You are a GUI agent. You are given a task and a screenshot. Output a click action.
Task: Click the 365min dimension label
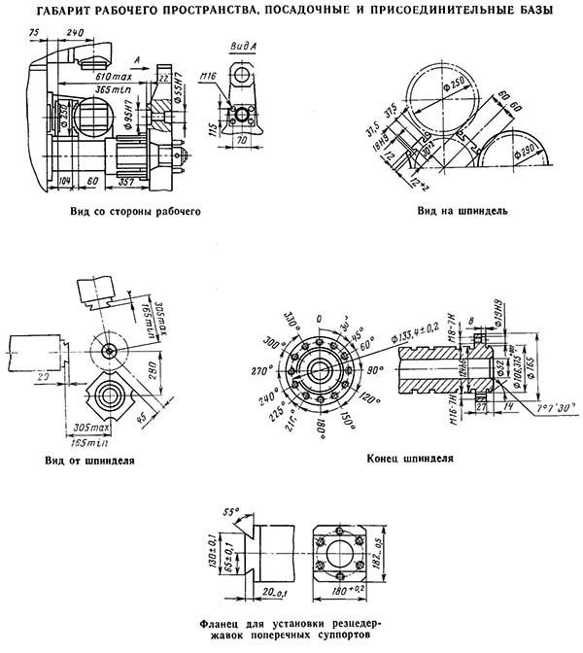(x=101, y=89)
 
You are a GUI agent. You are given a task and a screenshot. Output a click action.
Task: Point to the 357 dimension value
(x=126, y=182)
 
